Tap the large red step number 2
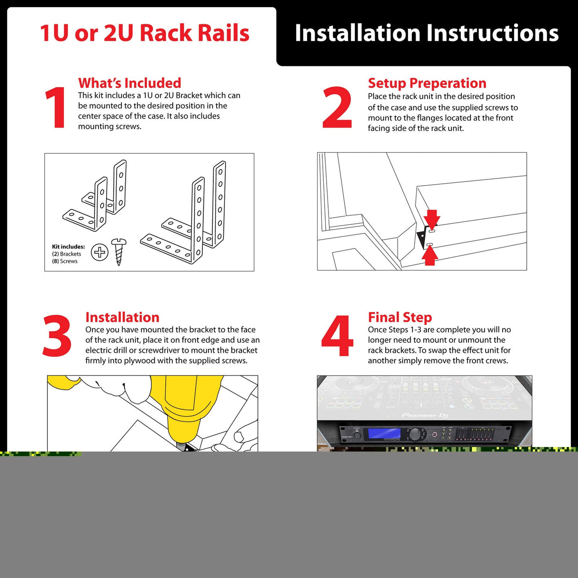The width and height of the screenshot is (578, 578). pos(337,107)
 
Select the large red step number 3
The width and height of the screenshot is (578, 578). pos(57,336)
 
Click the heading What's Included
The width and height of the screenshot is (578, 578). pos(130,83)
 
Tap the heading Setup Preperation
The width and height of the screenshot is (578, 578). pos(427,83)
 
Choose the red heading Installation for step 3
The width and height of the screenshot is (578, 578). pos(122,318)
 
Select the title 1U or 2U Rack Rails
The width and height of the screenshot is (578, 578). pos(145,33)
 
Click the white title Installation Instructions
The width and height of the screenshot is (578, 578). pos(427,33)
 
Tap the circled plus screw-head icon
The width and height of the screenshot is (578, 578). pos(100,252)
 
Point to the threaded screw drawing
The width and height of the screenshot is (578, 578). pos(119,252)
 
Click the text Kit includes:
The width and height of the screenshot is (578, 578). pos(69,247)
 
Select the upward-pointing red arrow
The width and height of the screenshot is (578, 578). pos(430,255)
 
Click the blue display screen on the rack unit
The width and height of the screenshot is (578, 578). pos(382,433)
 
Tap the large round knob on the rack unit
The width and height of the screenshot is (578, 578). pos(416,434)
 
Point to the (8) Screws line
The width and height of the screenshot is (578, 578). pos(65,261)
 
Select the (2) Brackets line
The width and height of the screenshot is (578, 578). pos(67,254)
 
